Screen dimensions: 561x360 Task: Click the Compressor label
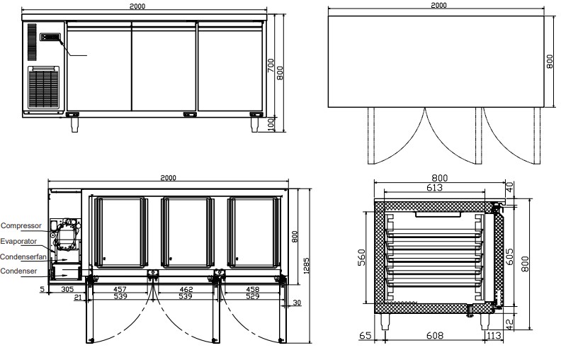(21, 226)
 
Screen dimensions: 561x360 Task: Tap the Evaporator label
(18, 241)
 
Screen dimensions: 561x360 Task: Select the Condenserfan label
(23, 257)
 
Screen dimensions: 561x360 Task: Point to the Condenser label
(18, 271)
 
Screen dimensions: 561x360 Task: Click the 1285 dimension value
(306, 265)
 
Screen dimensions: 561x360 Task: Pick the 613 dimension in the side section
(434, 187)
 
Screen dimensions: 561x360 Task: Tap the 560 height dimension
(361, 258)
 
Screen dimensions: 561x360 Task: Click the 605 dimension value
(509, 257)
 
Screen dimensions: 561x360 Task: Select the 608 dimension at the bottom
(435, 335)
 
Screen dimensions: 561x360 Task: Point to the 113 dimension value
(494, 335)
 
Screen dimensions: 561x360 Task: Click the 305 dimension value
(67, 289)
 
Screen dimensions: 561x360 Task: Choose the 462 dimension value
(186, 289)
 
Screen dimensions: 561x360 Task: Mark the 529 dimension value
(253, 296)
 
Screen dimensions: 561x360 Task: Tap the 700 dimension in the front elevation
(271, 65)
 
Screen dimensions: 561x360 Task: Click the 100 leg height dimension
(271, 124)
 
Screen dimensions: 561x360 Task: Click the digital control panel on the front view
(50, 37)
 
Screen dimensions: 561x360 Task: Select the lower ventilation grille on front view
(44, 88)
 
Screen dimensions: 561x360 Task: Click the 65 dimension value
(365, 335)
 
